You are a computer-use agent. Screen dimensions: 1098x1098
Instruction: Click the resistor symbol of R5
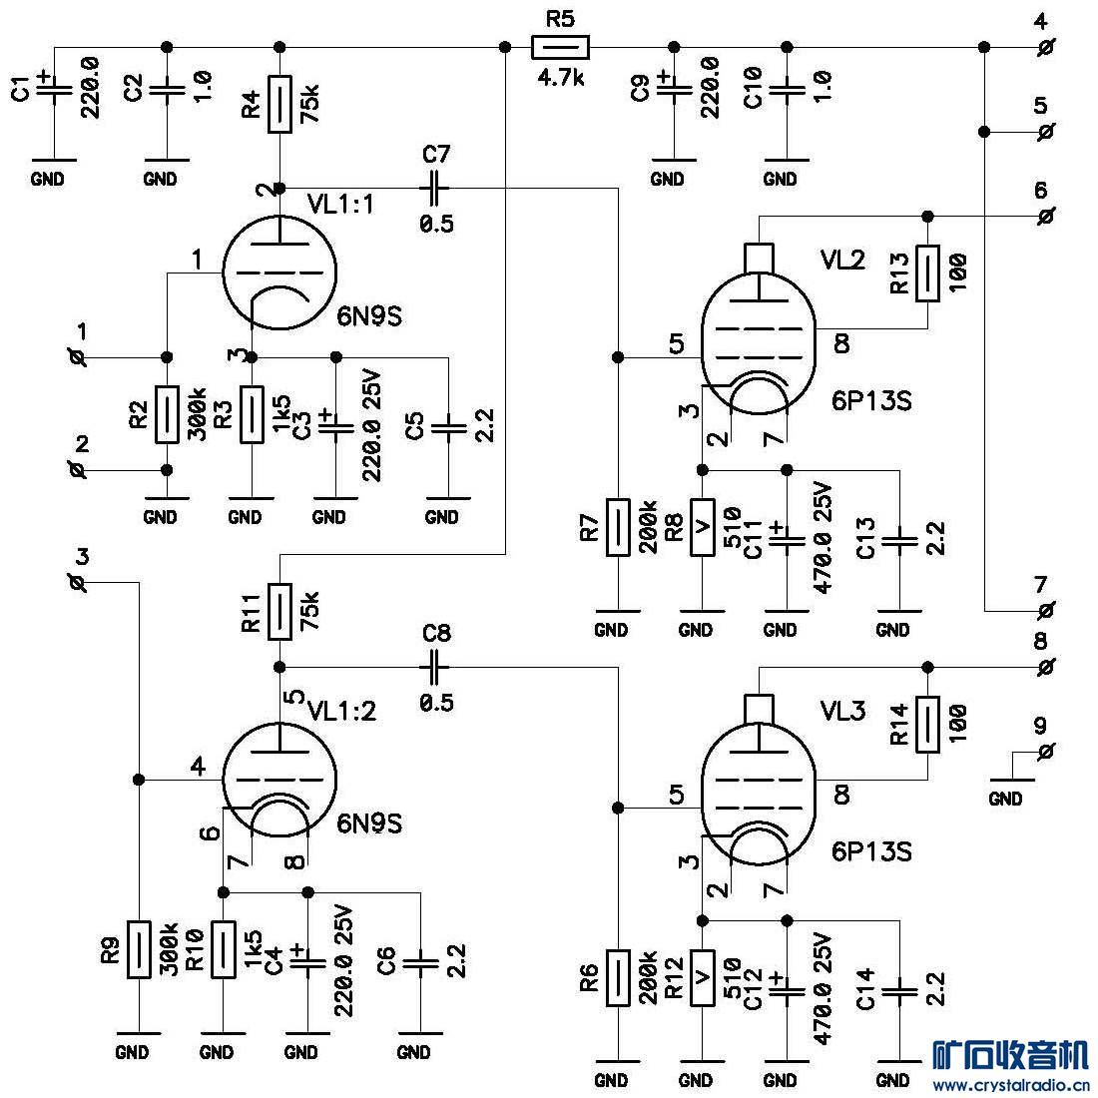coord(560,46)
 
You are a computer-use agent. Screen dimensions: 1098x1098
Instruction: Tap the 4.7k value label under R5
coord(560,79)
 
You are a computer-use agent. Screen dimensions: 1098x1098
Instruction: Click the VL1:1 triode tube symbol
coord(278,269)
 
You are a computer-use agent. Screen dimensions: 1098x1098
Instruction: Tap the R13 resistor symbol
coord(928,273)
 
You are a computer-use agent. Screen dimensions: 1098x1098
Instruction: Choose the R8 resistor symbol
coord(703,526)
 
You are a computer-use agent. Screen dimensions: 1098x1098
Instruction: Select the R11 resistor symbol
coord(279,611)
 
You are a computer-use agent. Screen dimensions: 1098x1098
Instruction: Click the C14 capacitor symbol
coord(900,990)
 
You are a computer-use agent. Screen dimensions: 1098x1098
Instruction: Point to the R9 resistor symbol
coord(139,951)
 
